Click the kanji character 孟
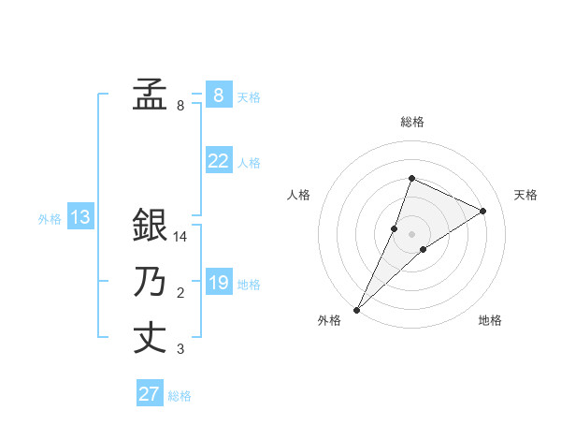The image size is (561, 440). (x=150, y=94)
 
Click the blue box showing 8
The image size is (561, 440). (x=218, y=95)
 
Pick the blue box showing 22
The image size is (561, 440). (x=218, y=161)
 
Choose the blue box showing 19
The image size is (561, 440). (x=218, y=282)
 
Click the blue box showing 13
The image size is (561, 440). (x=79, y=218)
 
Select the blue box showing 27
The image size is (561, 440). (x=149, y=394)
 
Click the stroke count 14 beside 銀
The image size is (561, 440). (x=180, y=238)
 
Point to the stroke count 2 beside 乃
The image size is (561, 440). (x=180, y=294)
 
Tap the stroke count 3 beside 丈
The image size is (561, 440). (x=180, y=350)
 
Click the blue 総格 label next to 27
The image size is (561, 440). (x=180, y=396)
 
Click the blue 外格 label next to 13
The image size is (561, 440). (x=50, y=220)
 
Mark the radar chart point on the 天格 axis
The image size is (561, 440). (x=483, y=211)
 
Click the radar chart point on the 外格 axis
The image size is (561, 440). (x=357, y=309)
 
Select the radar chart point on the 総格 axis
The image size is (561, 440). (x=411, y=178)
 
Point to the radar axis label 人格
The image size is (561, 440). (x=299, y=195)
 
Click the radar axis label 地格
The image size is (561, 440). (x=490, y=320)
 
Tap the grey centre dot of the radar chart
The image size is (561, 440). (x=411, y=234)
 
